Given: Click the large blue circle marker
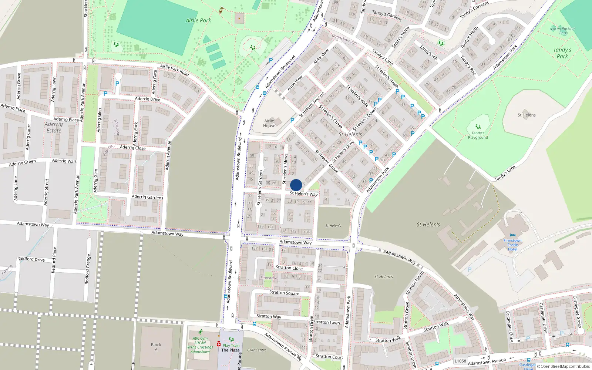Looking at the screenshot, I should [296, 185].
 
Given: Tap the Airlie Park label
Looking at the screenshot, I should [198, 20].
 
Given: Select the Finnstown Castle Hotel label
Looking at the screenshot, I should [512, 245].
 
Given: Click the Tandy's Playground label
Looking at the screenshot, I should [478, 135].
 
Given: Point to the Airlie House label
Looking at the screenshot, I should [269, 123].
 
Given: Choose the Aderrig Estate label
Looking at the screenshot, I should [54, 127].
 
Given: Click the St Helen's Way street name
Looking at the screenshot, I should [303, 194].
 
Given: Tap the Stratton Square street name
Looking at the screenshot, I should [284, 293].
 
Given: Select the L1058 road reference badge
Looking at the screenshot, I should [460, 361].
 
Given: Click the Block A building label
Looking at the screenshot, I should [156, 347].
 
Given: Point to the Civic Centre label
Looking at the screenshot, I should [257, 350].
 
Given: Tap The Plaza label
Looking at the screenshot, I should [230, 350].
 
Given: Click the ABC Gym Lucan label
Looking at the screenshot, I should [200, 345].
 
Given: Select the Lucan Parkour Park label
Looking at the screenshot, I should [563, 31].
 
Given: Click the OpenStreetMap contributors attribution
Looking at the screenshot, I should [563, 366].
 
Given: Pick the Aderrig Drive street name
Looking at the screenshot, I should [148, 99].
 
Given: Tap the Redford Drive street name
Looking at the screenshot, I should [31, 259].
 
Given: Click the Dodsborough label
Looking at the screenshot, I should [344, 39].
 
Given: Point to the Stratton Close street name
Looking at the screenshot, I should [289, 268].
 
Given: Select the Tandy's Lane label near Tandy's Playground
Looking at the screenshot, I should [505, 173].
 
